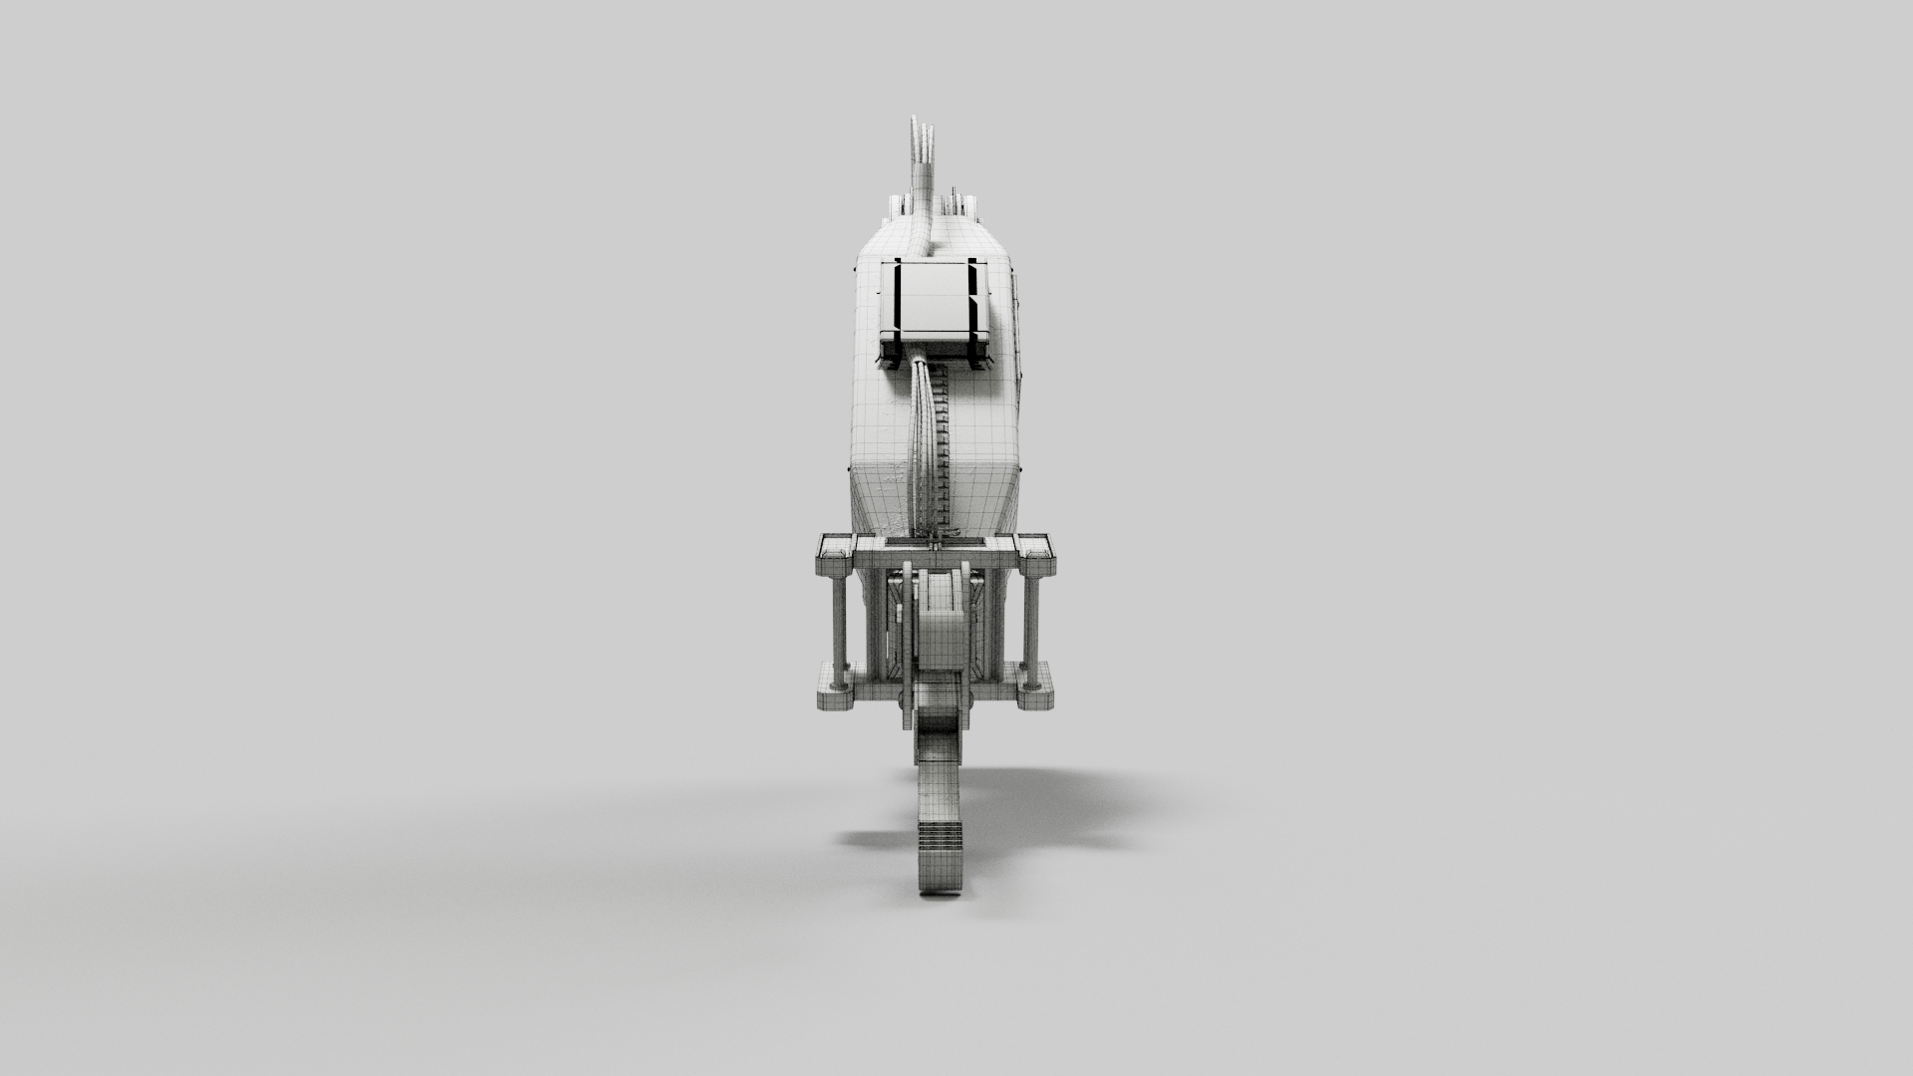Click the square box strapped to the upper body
point(934,309)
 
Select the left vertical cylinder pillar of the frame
point(839,620)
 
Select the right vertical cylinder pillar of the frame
point(1030,620)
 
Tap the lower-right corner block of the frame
point(1035,685)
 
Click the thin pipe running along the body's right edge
point(1018,329)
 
